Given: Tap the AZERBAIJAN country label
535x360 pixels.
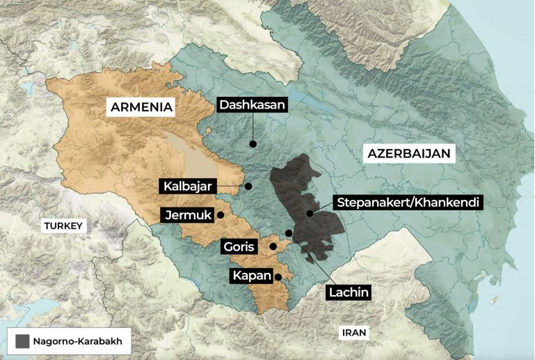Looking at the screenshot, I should [x=410, y=153].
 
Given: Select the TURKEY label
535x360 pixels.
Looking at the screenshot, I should [x=63, y=226].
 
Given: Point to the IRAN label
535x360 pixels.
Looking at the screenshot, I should [x=353, y=333].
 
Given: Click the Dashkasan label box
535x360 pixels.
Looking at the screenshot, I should [x=253, y=105].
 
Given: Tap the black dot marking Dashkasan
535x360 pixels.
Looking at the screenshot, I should [x=253, y=144].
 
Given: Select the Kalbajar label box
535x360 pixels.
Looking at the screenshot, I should [x=188, y=187].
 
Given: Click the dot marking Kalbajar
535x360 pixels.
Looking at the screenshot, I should [x=248, y=187].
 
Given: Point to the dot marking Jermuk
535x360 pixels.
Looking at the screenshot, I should [x=221, y=215].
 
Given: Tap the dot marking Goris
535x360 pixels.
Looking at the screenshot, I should [x=273, y=246].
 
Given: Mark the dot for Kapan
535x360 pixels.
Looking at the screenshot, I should [x=278, y=276].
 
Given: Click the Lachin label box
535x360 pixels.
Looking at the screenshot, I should [x=348, y=292].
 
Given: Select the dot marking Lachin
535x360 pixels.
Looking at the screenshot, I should [x=289, y=233].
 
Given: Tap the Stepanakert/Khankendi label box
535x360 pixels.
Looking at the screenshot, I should [x=408, y=203].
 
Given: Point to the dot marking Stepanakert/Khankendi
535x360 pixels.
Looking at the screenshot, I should [x=310, y=213].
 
